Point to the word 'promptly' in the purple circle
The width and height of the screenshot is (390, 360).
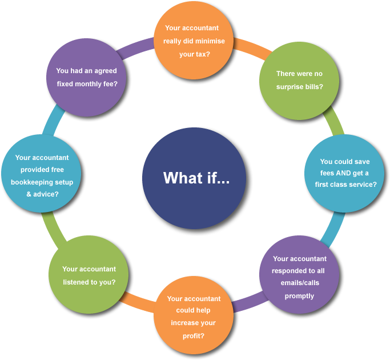[x=299, y=296]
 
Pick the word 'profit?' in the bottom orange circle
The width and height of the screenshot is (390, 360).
[x=194, y=335]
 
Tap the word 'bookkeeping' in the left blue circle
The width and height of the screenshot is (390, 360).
[x=34, y=182]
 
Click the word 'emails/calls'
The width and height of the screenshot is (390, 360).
[x=299, y=283]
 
